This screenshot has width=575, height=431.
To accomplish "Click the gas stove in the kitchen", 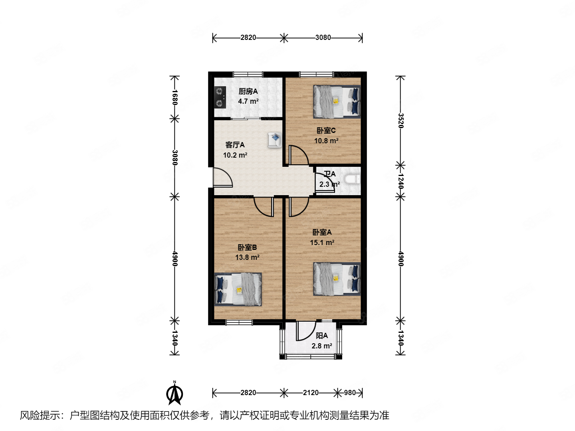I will click(220, 97).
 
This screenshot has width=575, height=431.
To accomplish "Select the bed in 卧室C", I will click(337, 102).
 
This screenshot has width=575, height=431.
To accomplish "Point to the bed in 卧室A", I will click(337, 279).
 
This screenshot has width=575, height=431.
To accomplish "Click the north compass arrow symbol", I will click(174, 393).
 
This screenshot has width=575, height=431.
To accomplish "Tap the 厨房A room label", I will click(248, 91).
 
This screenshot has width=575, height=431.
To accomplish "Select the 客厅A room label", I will click(235, 145).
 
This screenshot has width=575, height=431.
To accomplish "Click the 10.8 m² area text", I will click(326, 141).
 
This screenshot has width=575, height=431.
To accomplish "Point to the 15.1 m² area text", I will click(322, 243).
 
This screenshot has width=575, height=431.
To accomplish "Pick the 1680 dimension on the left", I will click(174, 97).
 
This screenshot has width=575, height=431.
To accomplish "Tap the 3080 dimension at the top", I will click(323, 38).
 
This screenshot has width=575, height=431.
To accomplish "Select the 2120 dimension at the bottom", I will click(311, 393).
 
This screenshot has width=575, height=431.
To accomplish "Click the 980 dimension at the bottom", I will click(350, 393).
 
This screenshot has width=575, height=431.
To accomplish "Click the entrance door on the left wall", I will click(222, 178).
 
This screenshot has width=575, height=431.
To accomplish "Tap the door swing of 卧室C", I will click(298, 156).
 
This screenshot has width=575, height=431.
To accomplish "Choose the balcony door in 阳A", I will click(305, 331).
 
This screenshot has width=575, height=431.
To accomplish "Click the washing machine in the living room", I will click(275, 140).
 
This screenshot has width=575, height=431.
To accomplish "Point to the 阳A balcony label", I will click(322, 336).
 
